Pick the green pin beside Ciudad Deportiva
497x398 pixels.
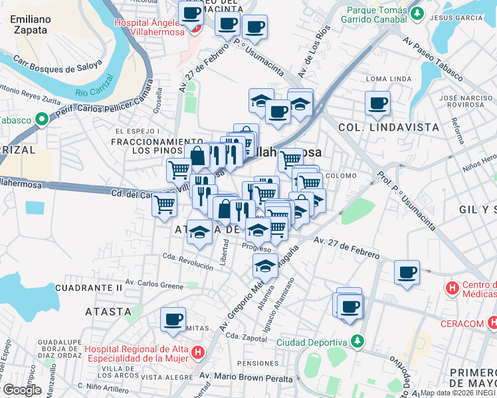point(358,342)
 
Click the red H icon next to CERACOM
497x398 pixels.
point(492,322)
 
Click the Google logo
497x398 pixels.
point(22,390)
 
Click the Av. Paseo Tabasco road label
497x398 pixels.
point(433,59)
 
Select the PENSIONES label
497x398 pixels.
point(256,364)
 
